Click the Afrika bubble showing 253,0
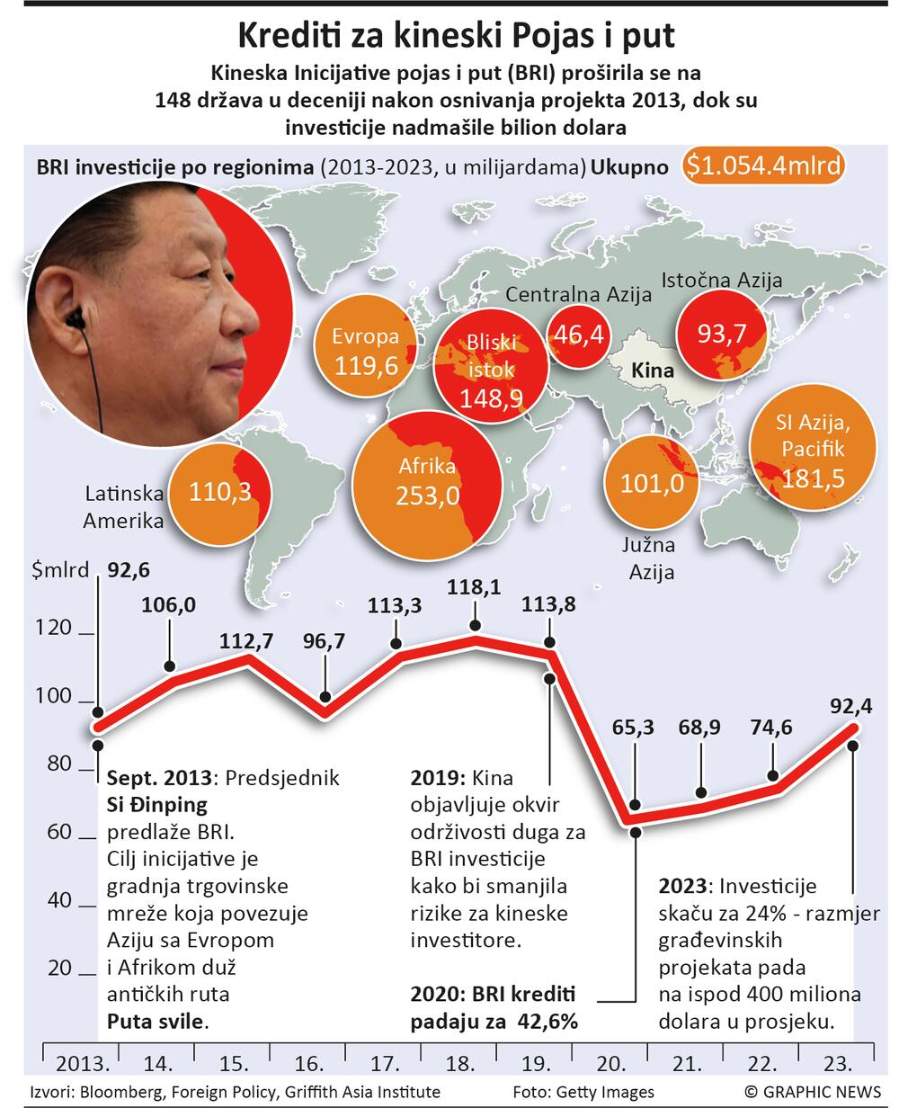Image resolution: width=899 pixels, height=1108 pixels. pyautogui.click(x=426, y=482)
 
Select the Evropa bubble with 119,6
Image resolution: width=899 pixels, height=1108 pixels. pyautogui.click(x=365, y=351)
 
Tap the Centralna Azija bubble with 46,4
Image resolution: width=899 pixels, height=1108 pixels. pyautogui.click(x=579, y=335)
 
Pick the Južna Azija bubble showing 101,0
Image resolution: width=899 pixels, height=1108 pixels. pyautogui.click(x=658, y=483)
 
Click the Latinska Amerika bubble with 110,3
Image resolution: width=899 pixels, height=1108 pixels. pyautogui.click(x=218, y=491)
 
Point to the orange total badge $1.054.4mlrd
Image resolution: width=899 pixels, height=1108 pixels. pyautogui.click(x=764, y=165)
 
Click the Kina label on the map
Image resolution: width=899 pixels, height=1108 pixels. pyautogui.click(x=653, y=370)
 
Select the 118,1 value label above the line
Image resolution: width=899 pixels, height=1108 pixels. pyautogui.click(x=474, y=587)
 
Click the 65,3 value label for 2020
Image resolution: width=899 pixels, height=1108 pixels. pyautogui.click(x=633, y=728)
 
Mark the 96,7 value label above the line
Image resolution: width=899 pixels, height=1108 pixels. pyautogui.click(x=324, y=642)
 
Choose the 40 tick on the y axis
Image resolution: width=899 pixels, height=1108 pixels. pyautogui.click(x=58, y=900)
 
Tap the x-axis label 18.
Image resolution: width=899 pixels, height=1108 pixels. pyautogui.click(x=461, y=1065)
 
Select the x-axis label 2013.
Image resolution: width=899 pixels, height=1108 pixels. pyautogui.click(x=83, y=1065)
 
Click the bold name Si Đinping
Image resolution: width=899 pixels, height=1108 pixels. pyautogui.click(x=157, y=804)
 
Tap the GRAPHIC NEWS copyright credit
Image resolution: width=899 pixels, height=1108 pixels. pyautogui.click(x=813, y=1092)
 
